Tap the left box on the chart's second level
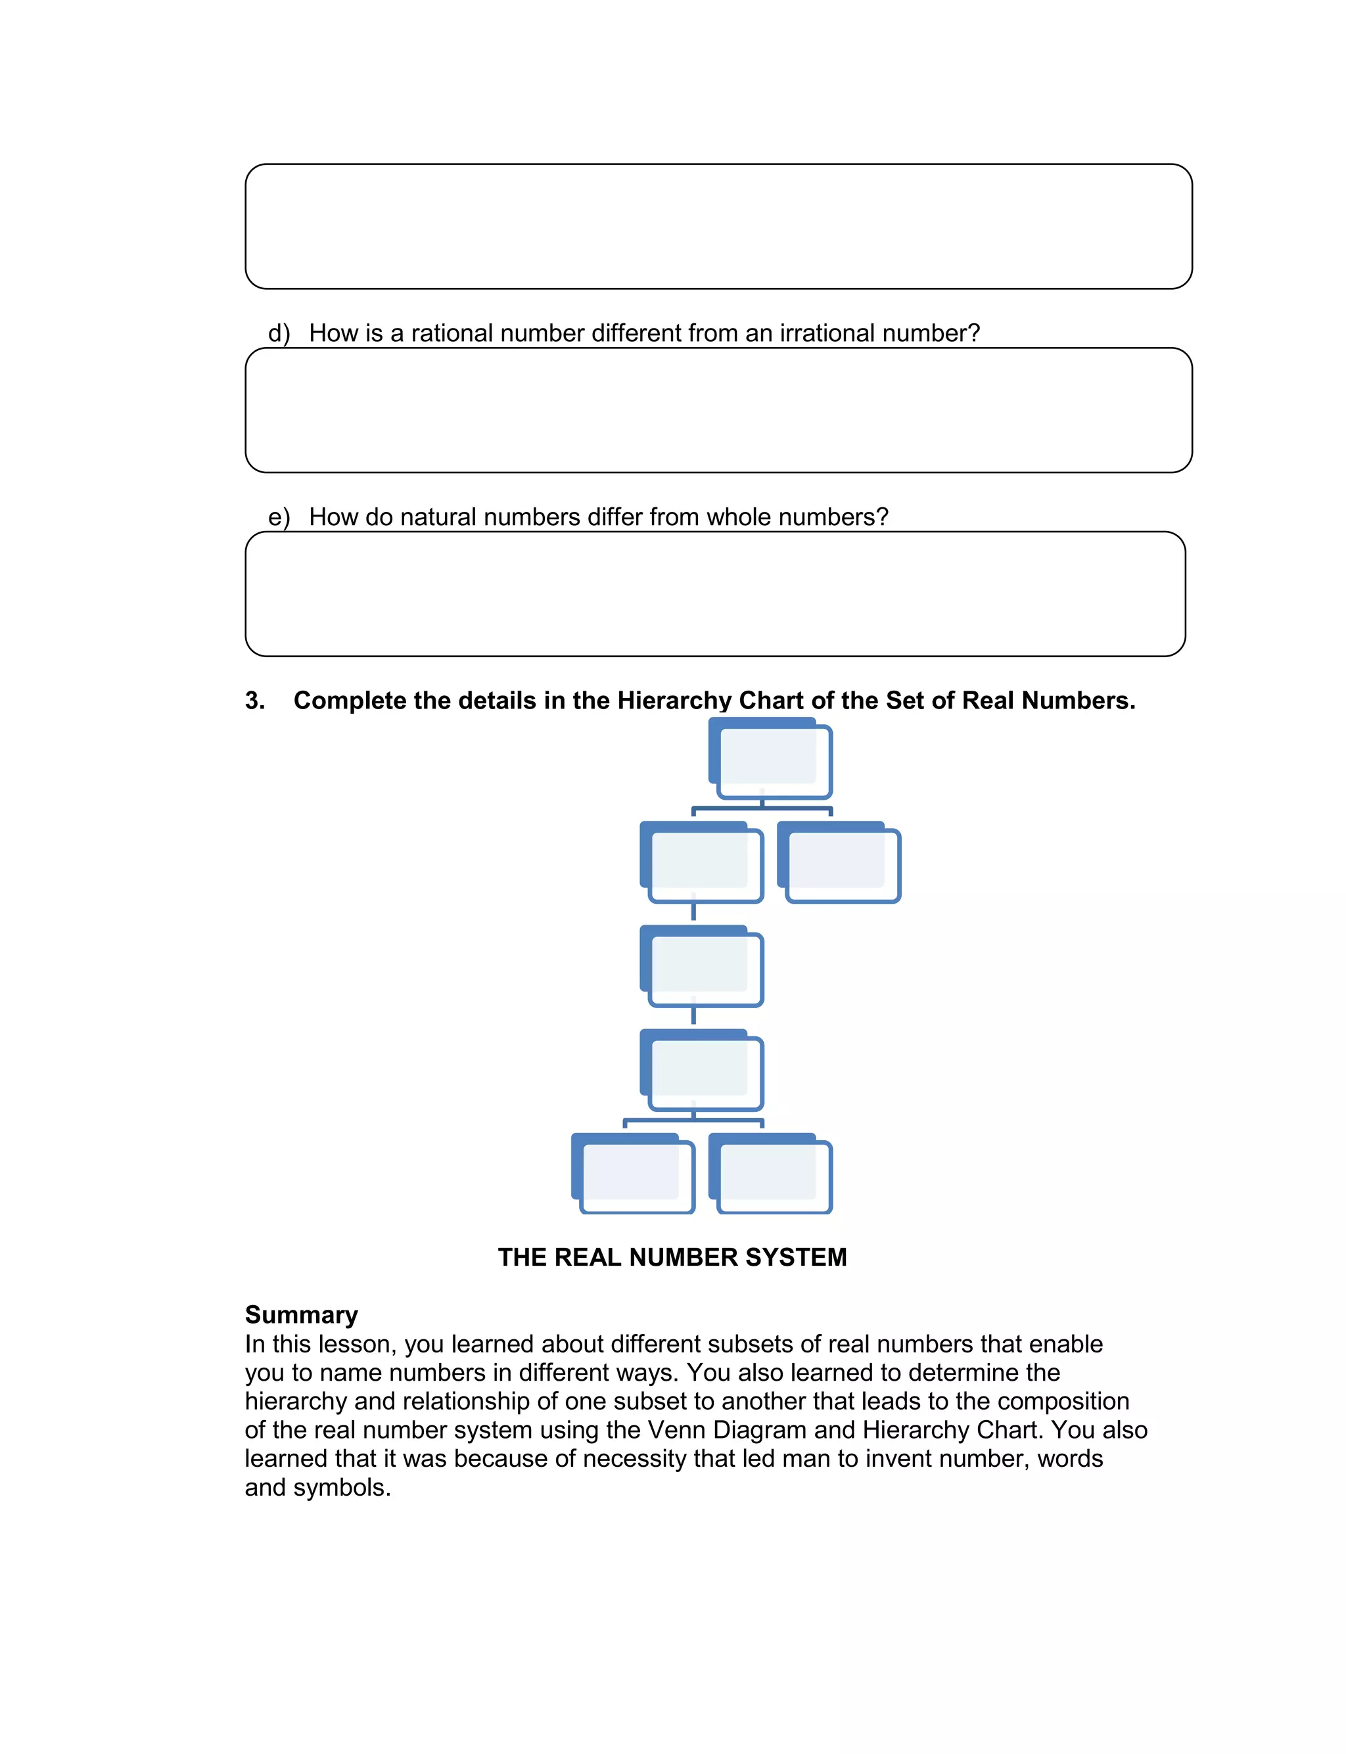click(703, 864)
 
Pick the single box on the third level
click(703, 967)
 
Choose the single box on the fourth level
click(703, 1072)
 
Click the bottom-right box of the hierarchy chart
click(772, 1175)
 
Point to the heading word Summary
click(301, 1315)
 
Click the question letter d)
click(279, 333)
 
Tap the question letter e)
click(279, 517)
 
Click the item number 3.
click(255, 701)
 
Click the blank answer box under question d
click(718, 410)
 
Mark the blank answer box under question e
click(714, 594)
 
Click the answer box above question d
click(718, 227)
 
